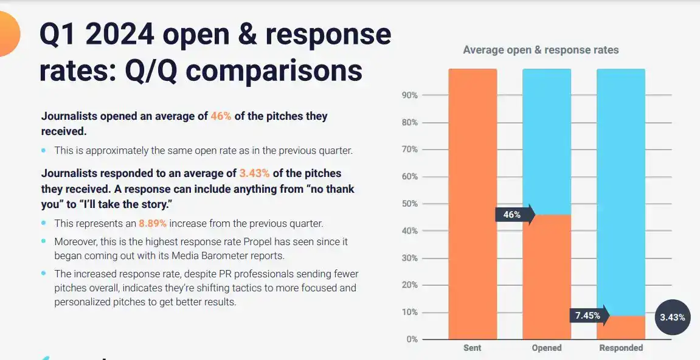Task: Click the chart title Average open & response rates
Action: point(541,50)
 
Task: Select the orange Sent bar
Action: point(473,204)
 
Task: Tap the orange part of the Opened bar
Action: point(547,277)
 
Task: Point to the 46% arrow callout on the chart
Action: point(514,215)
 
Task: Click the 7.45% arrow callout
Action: point(589,316)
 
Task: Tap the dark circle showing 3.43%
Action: point(673,317)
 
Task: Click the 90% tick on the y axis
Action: point(409,95)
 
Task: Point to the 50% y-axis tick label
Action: point(409,204)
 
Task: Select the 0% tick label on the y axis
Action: point(412,339)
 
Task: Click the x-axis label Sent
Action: point(472,348)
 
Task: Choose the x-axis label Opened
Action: point(546,348)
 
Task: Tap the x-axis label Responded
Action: point(621,348)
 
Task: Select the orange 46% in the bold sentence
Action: point(221,116)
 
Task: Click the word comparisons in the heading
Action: point(274,71)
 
